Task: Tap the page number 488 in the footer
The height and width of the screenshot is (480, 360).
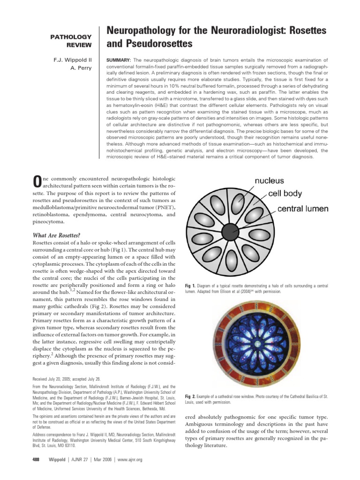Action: point(34,460)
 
